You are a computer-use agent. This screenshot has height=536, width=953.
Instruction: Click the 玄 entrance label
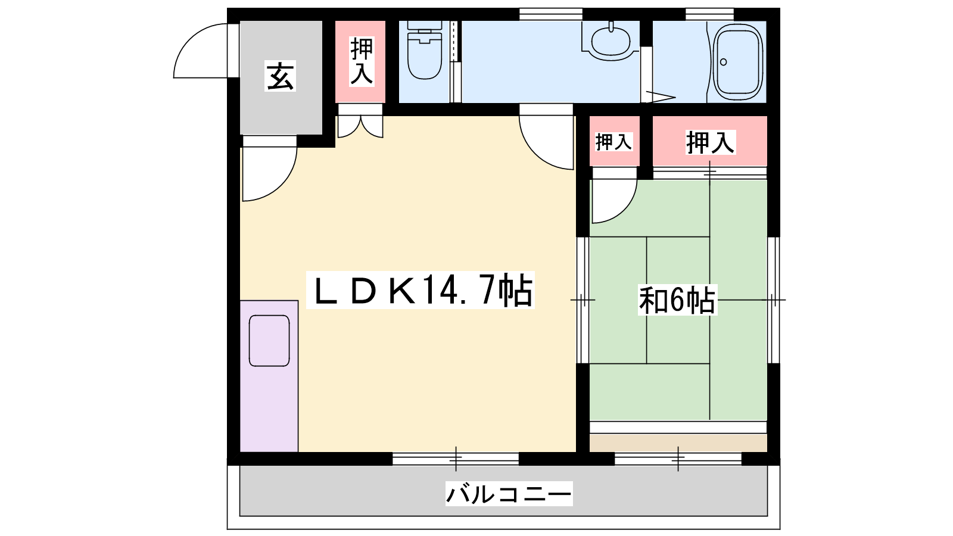tap(281, 77)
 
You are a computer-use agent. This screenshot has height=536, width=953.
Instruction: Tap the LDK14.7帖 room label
tap(421, 291)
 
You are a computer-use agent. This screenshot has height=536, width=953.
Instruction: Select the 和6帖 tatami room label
tap(677, 300)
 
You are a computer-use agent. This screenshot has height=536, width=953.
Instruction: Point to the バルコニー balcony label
tap(509, 494)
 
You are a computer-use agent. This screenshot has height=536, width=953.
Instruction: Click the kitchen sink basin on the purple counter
tap(269, 341)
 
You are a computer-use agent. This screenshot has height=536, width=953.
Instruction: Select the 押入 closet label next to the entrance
tap(362, 61)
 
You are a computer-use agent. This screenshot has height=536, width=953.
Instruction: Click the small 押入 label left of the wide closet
tap(613, 142)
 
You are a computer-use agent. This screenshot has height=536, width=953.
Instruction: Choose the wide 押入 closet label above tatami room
tap(710, 142)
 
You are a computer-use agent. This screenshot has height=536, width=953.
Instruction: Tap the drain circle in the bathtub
tap(723, 62)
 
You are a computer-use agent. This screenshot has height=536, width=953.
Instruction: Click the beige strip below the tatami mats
tap(678, 443)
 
